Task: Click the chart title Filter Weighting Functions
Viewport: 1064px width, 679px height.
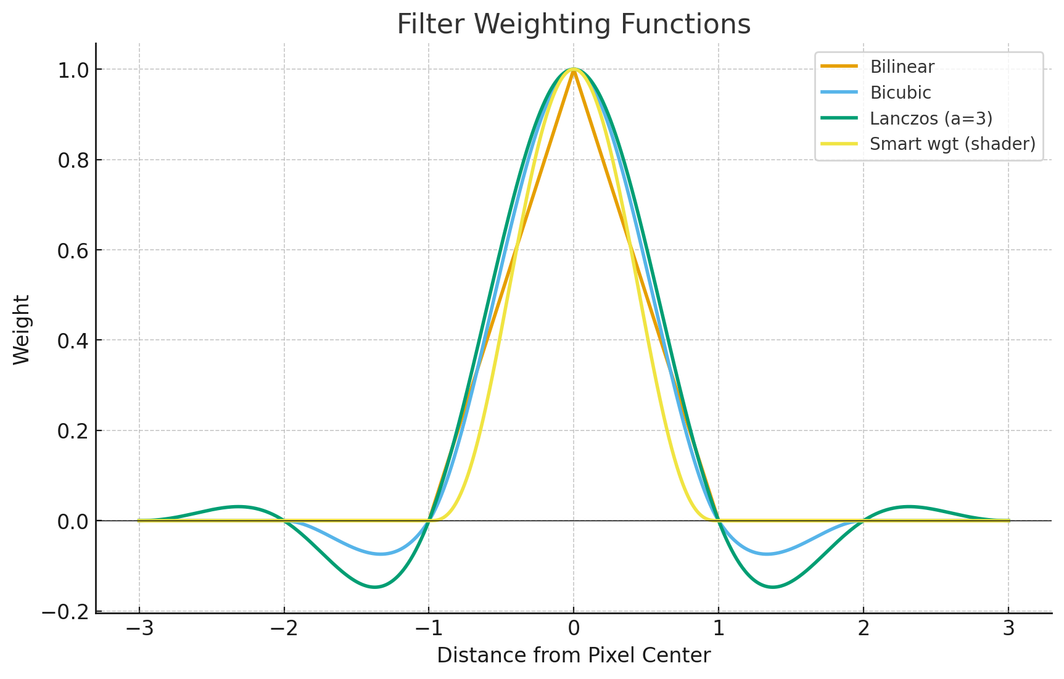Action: point(574,25)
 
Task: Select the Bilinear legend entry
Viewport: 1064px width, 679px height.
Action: point(902,67)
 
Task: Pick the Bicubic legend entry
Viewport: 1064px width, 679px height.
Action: point(900,93)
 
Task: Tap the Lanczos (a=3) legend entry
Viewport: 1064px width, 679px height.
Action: point(931,118)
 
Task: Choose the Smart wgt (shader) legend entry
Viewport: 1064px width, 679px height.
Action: point(952,144)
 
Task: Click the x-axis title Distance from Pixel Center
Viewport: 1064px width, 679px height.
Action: point(574,655)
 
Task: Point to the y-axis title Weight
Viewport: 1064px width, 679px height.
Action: point(22,329)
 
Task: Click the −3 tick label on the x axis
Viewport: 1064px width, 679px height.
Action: point(139,629)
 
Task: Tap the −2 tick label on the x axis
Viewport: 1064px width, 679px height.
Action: point(284,629)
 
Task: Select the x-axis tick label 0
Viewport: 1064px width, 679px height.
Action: point(574,629)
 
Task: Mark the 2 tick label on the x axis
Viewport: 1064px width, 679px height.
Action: point(864,629)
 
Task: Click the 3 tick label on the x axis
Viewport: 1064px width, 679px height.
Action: point(1008,629)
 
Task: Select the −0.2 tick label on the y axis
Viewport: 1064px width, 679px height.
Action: point(67,611)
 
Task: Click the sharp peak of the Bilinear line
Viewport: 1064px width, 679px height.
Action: point(574,70)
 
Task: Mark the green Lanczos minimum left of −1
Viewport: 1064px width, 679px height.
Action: point(374,586)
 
